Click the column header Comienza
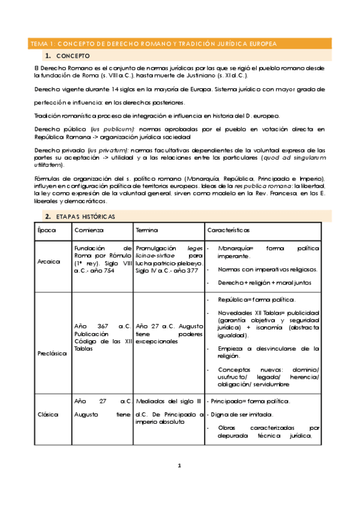89,230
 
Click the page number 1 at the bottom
179,465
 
